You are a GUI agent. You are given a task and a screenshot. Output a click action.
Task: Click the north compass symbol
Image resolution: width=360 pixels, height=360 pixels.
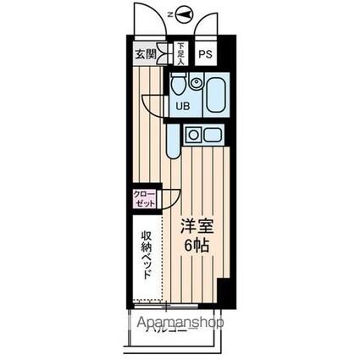[x=186, y=14]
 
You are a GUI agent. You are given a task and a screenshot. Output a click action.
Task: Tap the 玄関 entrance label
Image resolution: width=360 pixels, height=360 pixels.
[x=144, y=55]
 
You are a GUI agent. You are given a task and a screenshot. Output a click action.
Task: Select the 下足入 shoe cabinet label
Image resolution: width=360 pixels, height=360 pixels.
[x=180, y=54]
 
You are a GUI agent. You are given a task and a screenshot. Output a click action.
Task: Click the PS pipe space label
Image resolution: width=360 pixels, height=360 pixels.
[x=205, y=55]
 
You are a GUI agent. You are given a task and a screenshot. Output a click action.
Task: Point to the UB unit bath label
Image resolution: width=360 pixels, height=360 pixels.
[x=182, y=106]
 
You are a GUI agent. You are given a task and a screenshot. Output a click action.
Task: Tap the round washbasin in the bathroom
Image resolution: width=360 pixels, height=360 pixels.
[x=196, y=83]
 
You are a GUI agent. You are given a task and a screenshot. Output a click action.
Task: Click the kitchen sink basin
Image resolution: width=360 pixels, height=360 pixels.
[x=210, y=134]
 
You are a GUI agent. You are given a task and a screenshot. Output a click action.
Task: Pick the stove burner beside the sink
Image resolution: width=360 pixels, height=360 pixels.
[x=193, y=134]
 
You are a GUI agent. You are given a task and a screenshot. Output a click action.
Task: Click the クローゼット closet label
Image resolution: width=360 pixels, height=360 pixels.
[x=144, y=199]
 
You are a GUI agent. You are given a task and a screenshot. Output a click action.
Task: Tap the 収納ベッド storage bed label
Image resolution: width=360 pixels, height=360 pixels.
[x=146, y=251]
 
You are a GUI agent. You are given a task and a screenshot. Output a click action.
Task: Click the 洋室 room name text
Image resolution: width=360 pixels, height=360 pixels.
[x=194, y=227]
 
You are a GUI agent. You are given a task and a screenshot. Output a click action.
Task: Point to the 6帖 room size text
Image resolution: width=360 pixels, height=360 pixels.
[x=194, y=246]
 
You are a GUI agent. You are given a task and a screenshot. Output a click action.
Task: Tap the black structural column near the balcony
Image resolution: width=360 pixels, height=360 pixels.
[x=223, y=293]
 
